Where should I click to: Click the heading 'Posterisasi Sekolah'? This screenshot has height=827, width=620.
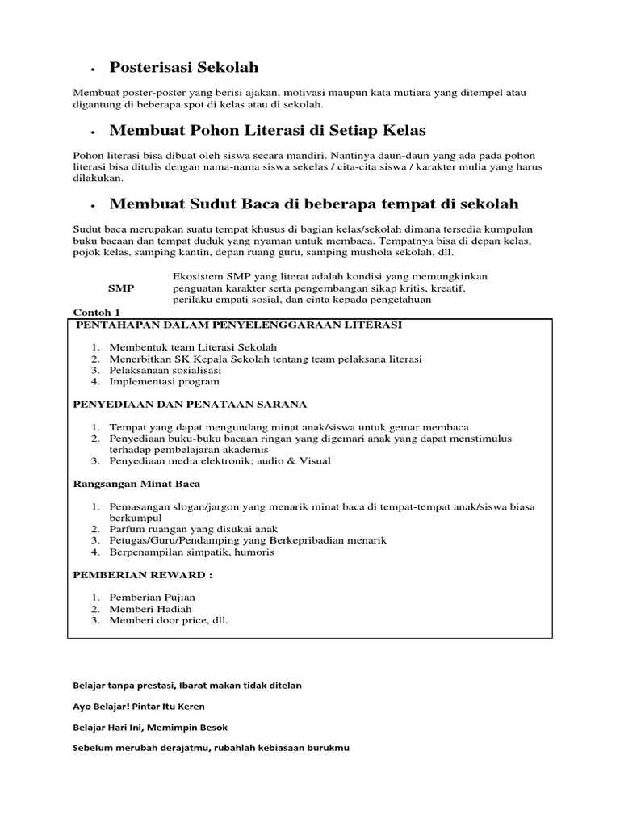pos(184,68)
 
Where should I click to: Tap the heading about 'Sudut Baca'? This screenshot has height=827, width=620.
pos(314,204)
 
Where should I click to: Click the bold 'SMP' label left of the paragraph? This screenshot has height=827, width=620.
pos(121,288)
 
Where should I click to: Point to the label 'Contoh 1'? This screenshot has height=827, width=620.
pos(96,312)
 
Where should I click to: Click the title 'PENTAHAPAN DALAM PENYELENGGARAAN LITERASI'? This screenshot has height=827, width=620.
pos(238,325)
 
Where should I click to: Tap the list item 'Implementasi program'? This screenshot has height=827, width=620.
pos(164,381)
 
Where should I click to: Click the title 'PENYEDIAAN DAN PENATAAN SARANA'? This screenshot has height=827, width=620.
pos(190,404)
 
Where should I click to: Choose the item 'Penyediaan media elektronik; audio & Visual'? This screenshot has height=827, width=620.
pos(220,460)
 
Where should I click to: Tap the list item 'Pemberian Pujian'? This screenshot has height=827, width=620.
pos(153,598)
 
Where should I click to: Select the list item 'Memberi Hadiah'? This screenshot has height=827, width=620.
pos(149,609)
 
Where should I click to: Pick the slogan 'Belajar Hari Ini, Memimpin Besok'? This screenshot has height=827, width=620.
pos(150,727)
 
